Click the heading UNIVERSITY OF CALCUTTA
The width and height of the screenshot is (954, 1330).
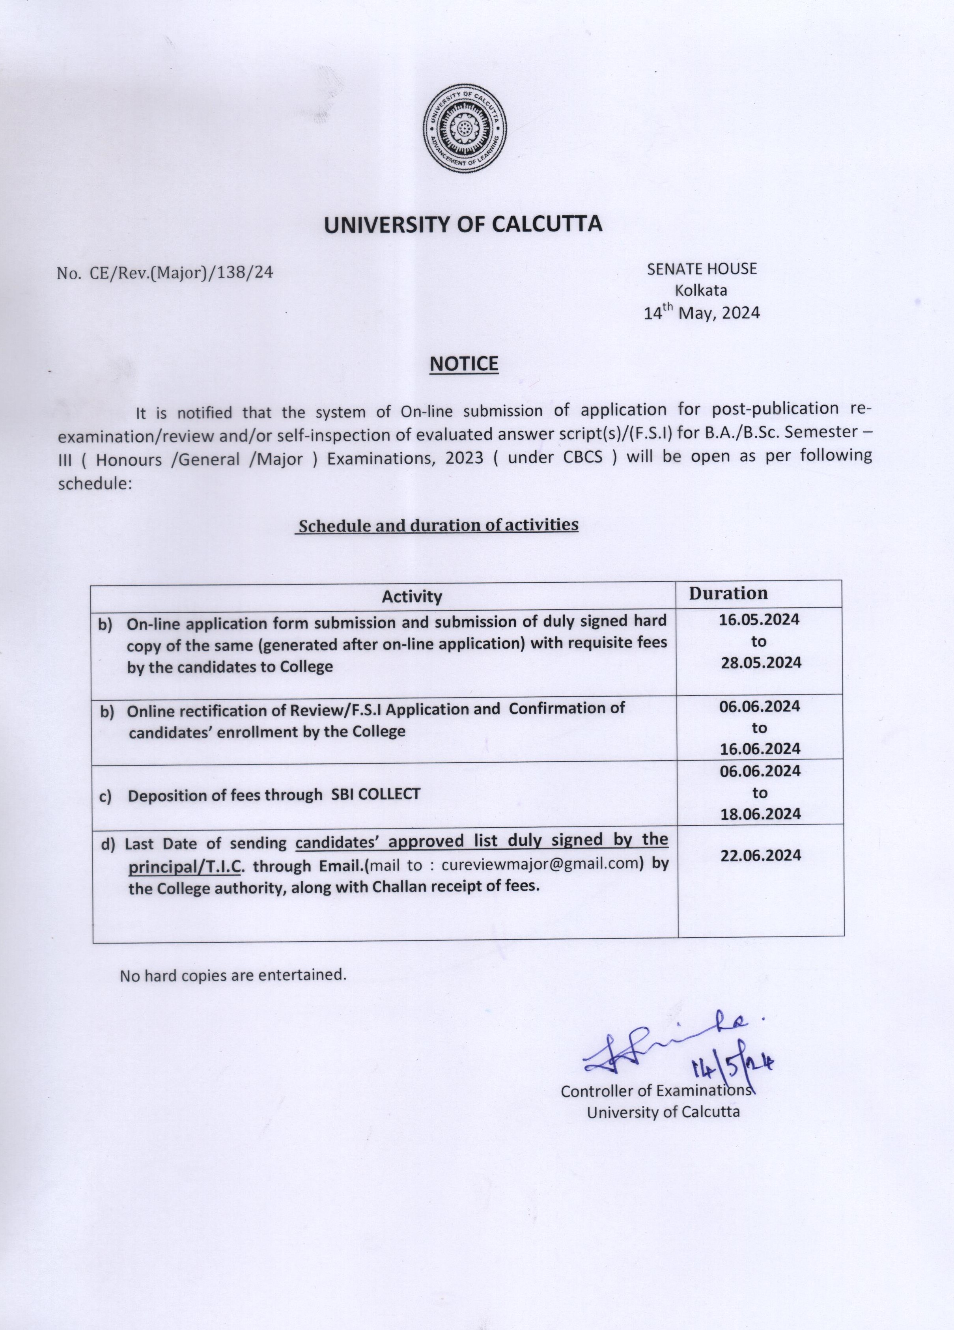463,225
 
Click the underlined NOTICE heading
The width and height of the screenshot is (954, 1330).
463,364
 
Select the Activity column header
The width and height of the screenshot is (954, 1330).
412,597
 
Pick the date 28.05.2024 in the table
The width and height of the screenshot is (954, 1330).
761,663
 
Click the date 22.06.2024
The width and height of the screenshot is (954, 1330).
760,856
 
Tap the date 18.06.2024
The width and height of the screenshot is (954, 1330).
760,814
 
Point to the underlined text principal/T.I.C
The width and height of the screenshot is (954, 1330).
185,866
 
